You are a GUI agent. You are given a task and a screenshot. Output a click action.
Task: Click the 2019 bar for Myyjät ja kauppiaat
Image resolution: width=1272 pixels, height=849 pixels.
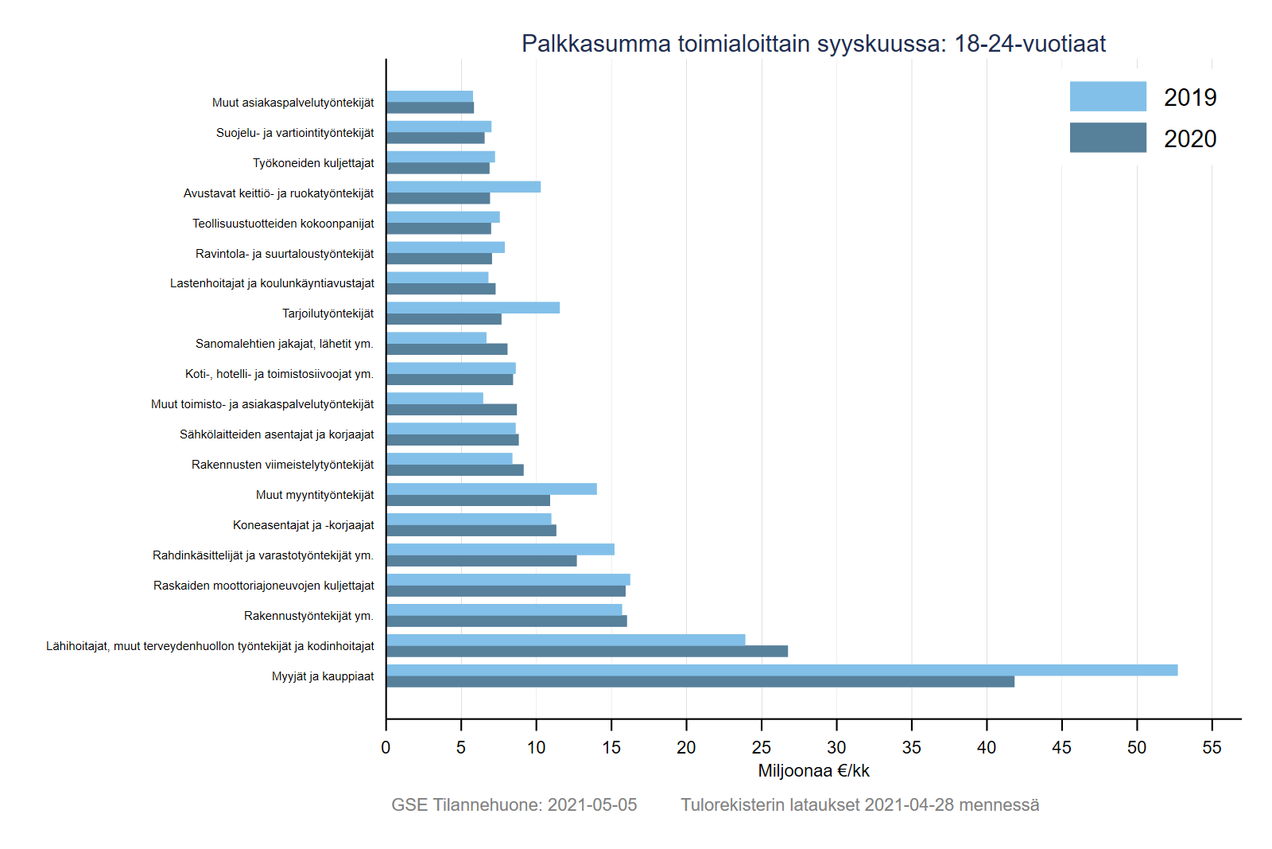point(781,670)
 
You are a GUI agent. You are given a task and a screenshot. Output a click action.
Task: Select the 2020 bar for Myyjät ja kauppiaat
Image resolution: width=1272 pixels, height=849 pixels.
point(700,682)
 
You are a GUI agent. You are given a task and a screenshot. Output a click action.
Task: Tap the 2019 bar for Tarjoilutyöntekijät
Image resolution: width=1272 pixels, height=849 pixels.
point(473,308)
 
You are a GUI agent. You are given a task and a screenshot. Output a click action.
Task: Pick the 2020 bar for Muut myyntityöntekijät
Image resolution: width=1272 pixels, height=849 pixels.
point(468,500)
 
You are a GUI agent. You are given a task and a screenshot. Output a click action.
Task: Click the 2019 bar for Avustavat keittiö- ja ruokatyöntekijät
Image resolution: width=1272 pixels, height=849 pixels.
point(463,187)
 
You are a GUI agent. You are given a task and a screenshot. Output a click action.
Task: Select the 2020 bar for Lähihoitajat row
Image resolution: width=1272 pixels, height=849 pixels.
point(587,652)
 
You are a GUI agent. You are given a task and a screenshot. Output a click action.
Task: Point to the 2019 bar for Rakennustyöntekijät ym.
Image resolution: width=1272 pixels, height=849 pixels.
point(504,609)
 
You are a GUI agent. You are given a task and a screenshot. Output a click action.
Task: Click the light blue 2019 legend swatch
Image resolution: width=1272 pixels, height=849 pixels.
point(1107,96)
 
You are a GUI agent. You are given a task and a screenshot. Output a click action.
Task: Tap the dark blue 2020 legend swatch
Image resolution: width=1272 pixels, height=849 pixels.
point(1107,138)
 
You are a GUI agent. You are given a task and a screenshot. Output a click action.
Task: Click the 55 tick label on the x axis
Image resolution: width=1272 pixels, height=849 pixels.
point(1212,747)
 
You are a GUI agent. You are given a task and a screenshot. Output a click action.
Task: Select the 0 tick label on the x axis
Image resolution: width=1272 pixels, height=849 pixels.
point(386,747)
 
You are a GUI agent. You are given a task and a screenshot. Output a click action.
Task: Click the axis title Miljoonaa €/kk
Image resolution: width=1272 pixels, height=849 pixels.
point(813,771)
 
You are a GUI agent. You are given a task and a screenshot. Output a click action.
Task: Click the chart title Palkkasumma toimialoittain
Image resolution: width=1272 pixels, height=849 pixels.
point(813,43)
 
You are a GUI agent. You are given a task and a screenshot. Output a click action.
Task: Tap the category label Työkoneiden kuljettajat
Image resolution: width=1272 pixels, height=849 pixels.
point(313,163)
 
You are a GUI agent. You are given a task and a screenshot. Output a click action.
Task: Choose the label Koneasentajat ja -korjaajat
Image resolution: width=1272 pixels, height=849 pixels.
point(303,525)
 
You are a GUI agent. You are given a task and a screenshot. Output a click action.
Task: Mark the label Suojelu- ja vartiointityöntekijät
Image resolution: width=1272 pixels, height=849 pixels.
point(295,133)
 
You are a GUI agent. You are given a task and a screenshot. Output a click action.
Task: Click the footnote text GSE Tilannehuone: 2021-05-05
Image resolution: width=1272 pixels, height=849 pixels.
point(514,805)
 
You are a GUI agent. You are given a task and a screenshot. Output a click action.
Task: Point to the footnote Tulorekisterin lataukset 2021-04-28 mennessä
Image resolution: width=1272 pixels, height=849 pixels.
point(859,805)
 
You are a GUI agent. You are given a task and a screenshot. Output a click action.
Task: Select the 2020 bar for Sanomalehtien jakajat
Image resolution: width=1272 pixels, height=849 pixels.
point(447,349)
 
